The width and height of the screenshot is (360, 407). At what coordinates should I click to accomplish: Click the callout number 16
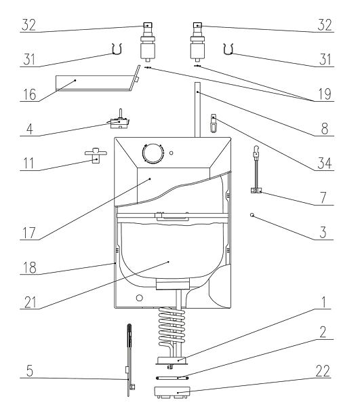(30, 94)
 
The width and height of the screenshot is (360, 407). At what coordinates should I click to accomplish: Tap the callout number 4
(30, 129)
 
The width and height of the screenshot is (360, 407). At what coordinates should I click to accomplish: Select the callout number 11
(28, 163)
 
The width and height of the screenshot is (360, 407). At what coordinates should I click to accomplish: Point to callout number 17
(29, 233)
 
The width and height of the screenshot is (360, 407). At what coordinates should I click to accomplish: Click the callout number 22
(323, 371)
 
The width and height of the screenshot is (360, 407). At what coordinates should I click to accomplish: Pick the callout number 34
(325, 163)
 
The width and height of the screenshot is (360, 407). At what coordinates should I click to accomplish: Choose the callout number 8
(325, 129)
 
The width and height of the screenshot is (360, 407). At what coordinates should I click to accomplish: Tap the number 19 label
(325, 94)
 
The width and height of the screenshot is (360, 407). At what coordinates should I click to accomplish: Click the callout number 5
(30, 371)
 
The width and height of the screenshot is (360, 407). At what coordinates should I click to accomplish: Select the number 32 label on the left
(28, 25)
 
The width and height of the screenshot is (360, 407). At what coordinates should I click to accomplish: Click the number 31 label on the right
(325, 60)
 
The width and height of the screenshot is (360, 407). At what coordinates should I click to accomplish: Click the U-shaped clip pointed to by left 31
(117, 49)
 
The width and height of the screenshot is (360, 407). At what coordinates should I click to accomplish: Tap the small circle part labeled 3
(252, 215)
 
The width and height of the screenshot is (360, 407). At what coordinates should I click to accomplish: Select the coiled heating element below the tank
(172, 328)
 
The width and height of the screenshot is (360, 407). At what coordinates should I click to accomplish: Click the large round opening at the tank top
(153, 153)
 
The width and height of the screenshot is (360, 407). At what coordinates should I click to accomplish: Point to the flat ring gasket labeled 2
(172, 379)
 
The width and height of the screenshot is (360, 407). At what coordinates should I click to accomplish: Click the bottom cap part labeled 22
(172, 392)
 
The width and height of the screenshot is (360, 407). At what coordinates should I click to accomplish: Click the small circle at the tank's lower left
(140, 298)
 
